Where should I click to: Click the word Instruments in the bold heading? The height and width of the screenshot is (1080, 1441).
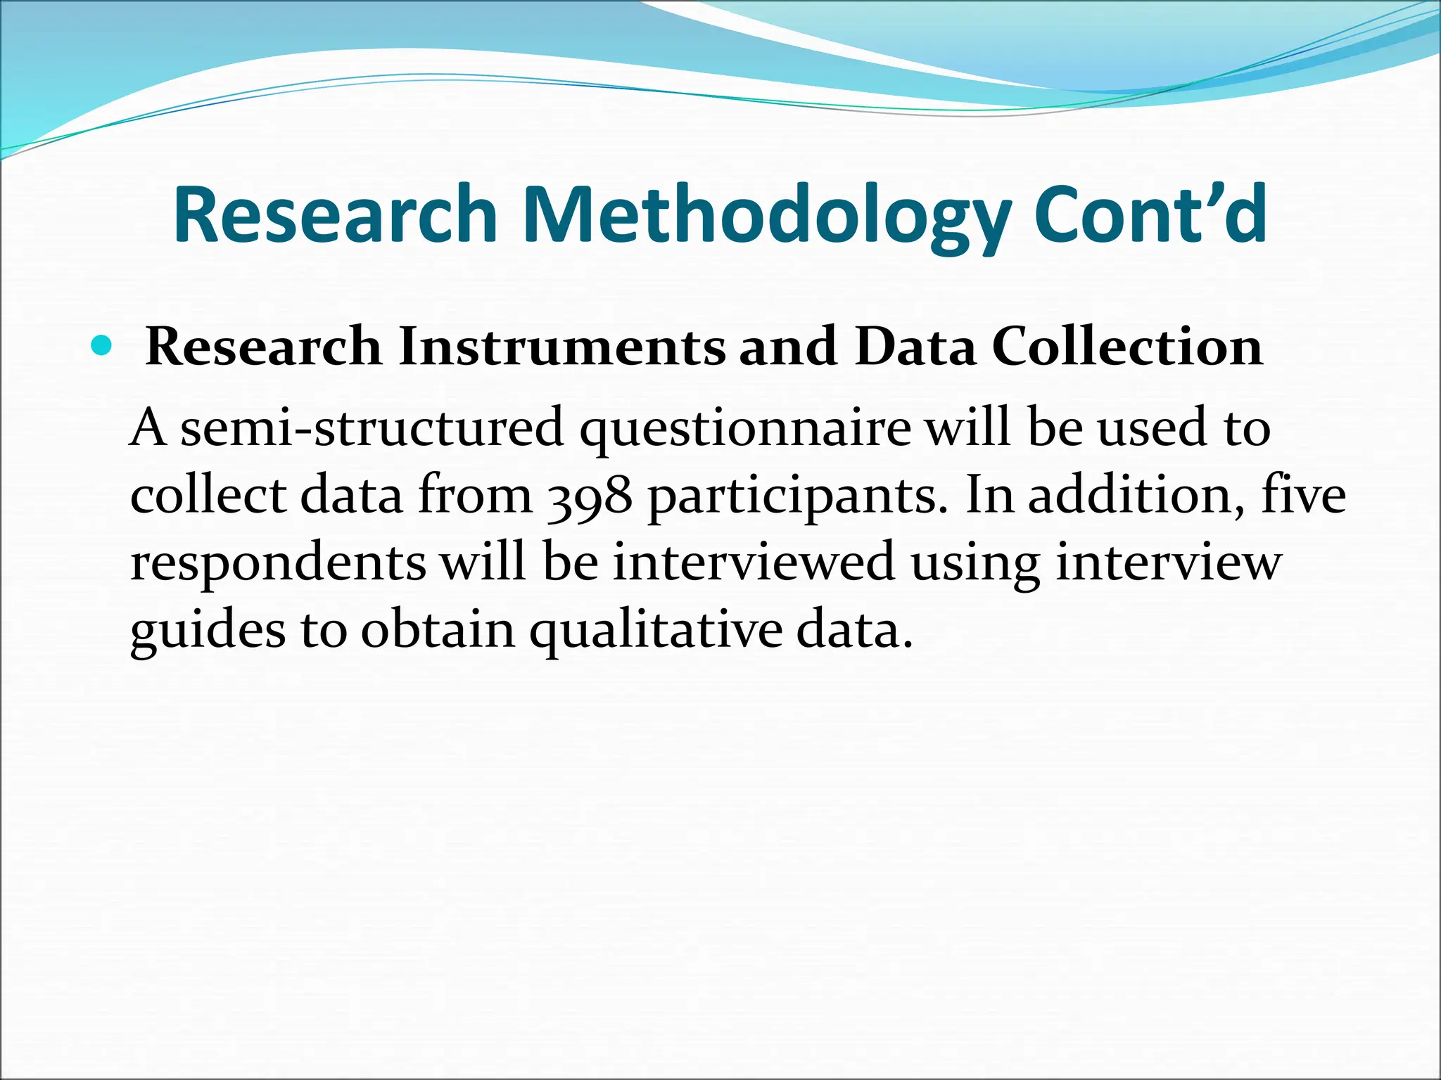point(561,347)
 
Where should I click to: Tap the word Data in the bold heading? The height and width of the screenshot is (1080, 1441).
point(915,347)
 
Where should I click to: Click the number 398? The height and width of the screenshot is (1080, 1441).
point(590,496)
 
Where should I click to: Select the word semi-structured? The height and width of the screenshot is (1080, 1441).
point(372,428)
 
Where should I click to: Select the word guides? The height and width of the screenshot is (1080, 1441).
point(208,631)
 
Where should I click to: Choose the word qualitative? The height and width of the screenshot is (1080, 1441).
point(655,631)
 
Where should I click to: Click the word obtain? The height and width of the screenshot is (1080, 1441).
point(438,629)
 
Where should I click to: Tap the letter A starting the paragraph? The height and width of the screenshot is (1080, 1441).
point(148,428)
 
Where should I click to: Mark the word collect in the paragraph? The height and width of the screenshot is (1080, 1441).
point(208,495)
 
